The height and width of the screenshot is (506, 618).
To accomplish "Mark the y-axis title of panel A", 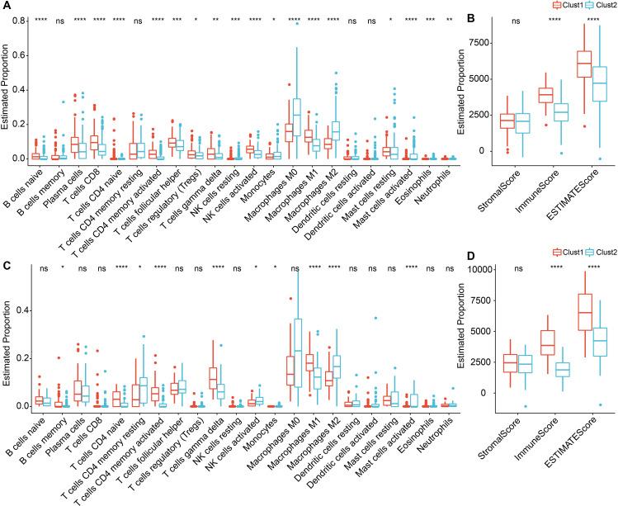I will click(7, 97).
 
